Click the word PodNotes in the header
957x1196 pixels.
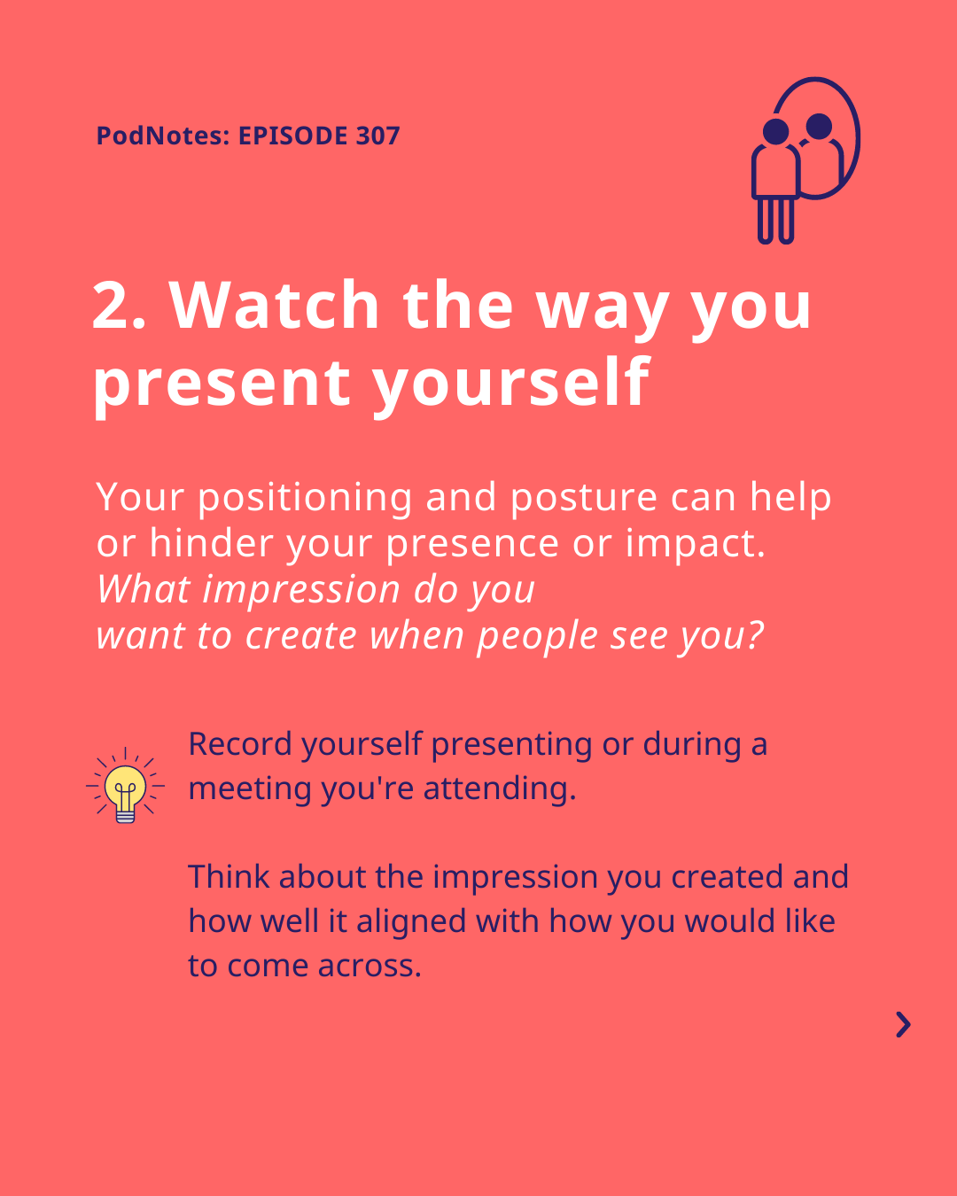(x=163, y=136)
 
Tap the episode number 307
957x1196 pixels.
(x=377, y=136)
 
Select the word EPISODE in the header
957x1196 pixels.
(x=292, y=136)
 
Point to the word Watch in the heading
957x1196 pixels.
(x=274, y=305)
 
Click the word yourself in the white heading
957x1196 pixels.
(x=511, y=384)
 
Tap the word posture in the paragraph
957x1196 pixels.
(x=584, y=498)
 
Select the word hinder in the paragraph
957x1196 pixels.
(x=211, y=543)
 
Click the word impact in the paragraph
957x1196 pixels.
(x=696, y=544)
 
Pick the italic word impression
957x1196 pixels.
(x=301, y=590)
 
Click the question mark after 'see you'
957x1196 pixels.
(x=754, y=634)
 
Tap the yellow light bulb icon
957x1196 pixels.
(x=125, y=785)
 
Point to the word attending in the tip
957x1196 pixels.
(x=500, y=789)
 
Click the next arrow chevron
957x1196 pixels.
(x=904, y=1025)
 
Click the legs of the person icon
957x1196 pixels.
(x=775, y=220)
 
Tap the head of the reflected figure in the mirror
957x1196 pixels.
(x=819, y=126)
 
